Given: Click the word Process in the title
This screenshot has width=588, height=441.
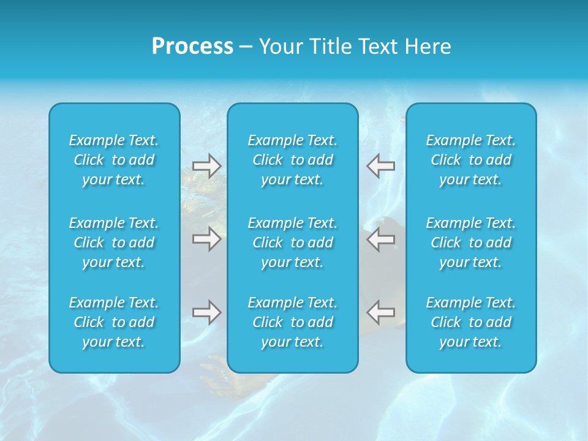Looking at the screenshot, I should coord(192,47).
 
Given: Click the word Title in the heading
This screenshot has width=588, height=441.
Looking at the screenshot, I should coord(331,47).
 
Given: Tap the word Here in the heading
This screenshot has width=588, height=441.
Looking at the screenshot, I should coord(428,47).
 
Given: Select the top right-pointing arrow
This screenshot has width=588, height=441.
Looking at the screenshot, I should coord(206,166).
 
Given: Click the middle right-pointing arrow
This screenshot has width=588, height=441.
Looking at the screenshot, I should coord(206,239).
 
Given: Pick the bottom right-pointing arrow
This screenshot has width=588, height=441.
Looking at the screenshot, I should coord(206,312).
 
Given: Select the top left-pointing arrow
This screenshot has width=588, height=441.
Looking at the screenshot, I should coord(380,166).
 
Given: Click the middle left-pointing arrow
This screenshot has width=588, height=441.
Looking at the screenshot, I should coord(380,239).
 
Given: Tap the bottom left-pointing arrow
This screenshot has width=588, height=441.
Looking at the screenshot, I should coord(380,312).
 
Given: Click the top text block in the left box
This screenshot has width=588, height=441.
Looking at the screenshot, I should coord(114,160).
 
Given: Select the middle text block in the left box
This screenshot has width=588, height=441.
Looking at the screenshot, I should coord(114,243).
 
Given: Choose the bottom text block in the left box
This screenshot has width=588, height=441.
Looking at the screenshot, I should coord(114,322).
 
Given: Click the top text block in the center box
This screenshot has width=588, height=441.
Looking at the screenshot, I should coord(292,160).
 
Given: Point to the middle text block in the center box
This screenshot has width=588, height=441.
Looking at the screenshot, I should coord(292,243).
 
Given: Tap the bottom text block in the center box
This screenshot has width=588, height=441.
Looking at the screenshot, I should coord(292,322).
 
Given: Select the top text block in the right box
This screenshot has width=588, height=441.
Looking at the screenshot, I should coord(470,160).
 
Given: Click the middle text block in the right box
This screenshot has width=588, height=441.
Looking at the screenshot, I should coord(470,243).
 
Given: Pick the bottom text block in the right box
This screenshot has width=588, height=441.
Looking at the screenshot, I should coord(470,322).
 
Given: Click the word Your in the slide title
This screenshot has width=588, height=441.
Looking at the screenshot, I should coord(280,47).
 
